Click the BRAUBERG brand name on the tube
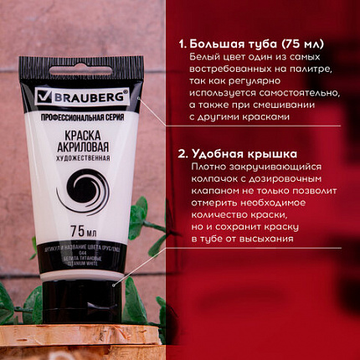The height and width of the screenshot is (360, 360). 95,97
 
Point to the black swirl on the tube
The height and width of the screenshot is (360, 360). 87,191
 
